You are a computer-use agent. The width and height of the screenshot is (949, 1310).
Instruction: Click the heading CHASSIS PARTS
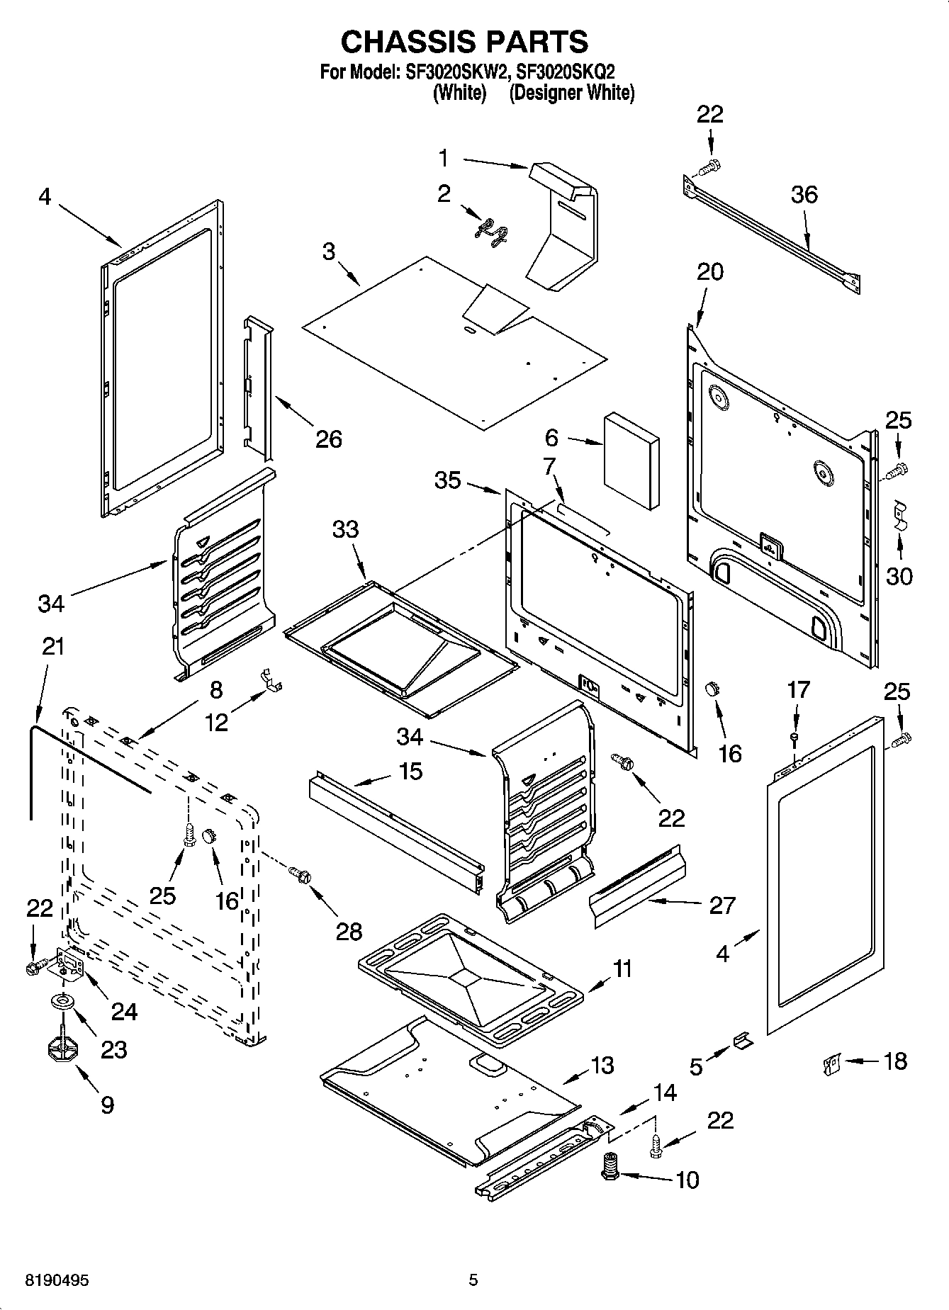click(464, 42)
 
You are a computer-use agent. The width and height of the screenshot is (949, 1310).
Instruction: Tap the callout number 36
click(804, 194)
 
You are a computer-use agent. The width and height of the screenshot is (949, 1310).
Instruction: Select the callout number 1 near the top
click(444, 158)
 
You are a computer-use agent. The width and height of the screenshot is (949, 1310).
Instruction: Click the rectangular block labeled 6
click(631, 461)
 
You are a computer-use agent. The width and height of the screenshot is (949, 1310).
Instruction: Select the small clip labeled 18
click(831, 1063)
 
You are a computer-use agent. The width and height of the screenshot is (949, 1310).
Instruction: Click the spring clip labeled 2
click(490, 233)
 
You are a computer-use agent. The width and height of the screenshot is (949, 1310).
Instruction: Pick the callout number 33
click(346, 529)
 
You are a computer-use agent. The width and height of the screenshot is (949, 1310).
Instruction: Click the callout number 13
click(602, 1065)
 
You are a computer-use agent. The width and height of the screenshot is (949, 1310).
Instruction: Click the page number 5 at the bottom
click(473, 1280)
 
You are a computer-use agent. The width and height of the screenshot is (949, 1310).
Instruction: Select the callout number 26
click(329, 439)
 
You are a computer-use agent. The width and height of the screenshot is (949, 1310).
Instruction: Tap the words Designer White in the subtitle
click(571, 92)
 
